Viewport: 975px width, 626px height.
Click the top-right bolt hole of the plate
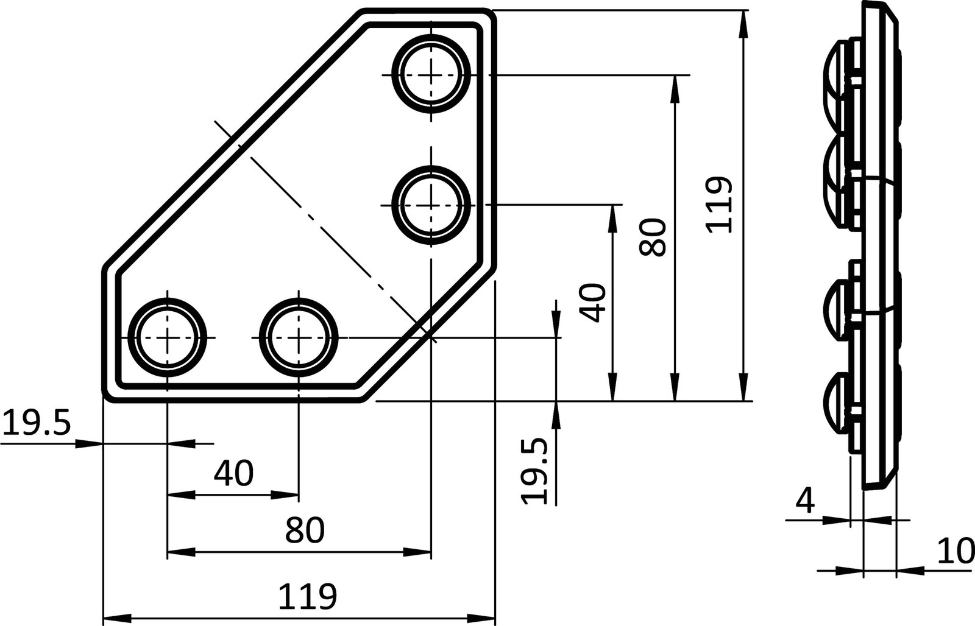[x=431, y=74]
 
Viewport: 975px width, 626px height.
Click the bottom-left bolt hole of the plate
[x=167, y=337]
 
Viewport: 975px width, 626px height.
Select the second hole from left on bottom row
[x=299, y=337]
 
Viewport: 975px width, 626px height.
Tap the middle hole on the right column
[x=431, y=205]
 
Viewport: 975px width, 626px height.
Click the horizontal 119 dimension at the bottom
[x=307, y=597]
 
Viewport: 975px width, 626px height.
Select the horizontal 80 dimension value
[x=305, y=530]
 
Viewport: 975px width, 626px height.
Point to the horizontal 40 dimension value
[x=234, y=473]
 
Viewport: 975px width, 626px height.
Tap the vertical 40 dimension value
[x=593, y=303]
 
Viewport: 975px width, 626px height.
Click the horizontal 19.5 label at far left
[x=37, y=424]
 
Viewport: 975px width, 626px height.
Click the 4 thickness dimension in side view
[x=806, y=501]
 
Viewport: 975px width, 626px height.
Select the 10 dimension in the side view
[x=959, y=552]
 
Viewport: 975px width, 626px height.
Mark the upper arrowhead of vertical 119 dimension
[x=745, y=24]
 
